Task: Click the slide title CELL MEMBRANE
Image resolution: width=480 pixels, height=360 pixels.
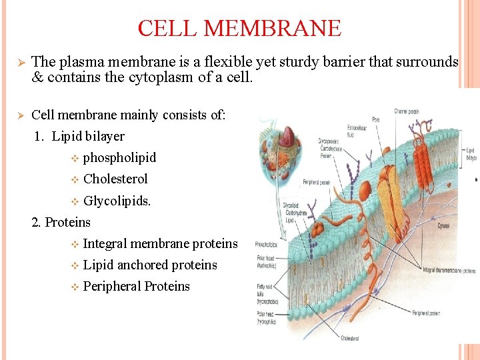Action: pyautogui.click(x=239, y=29)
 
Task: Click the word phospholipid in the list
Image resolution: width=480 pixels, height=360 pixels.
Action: pyautogui.click(x=119, y=157)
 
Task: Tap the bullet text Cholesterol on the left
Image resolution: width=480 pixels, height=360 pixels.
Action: pyautogui.click(x=115, y=179)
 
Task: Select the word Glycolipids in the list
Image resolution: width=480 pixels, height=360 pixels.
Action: pyautogui.click(x=117, y=200)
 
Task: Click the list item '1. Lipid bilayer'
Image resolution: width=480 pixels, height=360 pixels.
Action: pyautogui.click(x=79, y=136)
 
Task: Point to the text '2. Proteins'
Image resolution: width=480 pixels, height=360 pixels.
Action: pyautogui.click(x=61, y=222)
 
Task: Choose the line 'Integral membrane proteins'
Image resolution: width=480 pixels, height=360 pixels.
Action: pyautogui.click(x=160, y=243)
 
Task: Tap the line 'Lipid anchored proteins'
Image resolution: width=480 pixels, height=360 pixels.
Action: pyautogui.click(x=150, y=265)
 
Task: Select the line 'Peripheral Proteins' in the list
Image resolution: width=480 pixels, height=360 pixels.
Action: pyautogui.click(x=136, y=286)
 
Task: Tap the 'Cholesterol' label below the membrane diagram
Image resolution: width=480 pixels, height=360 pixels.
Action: pyautogui.click(x=351, y=338)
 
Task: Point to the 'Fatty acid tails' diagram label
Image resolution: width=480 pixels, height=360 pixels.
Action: pyautogui.click(x=267, y=291)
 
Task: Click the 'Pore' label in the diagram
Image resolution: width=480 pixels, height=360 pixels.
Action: pyautogui.click(x=376, y=121)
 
